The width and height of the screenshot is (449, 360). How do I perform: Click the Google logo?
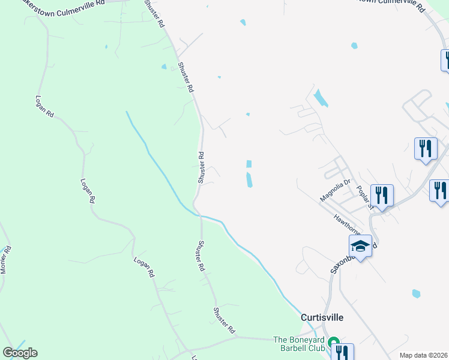coord(20,352)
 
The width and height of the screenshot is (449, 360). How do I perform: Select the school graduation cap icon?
coord(360,246)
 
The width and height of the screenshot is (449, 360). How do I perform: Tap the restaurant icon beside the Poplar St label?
coord(382,195)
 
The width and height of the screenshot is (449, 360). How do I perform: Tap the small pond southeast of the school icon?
coord(416,294)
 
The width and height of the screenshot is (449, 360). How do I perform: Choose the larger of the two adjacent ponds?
coord(249,179)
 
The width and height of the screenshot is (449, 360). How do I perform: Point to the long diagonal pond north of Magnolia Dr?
coord(321,98)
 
